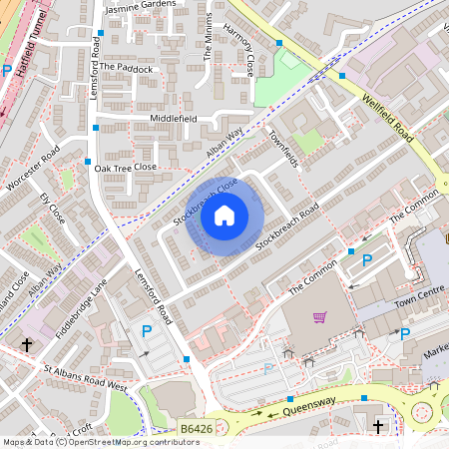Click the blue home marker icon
coord(224,216)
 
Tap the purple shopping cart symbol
coord(319,317)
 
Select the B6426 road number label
coord(197,430)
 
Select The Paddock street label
coord(127,69)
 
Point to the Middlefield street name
coord(174,119)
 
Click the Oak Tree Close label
coord(126,168)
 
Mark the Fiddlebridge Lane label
coord(81,308)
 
